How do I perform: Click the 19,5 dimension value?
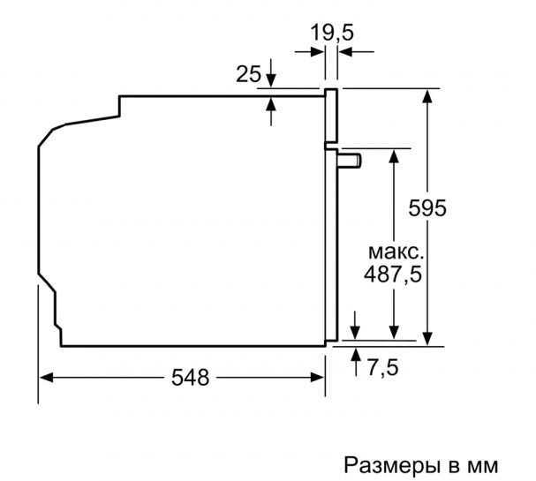pyautogui.click(x=332, y=34)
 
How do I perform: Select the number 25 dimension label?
pyautogui.click(x=248, y=74)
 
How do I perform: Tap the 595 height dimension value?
pyautogui.click(x=427, y=207)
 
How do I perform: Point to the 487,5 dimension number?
pyautogui.click(x=393, y=274)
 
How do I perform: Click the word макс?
pyautogui.click(x=396, y=252)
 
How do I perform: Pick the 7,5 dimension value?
pyautogui.click(x=383, y=367)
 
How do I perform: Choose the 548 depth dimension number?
pyautogui.click(x=190, y=378)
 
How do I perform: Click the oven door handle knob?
pyautogui.click(x=351, y=161)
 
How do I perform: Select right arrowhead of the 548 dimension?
pyautogui.click(x=317, y=378)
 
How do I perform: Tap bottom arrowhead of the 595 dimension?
pyautogui.click(x=427, y=339)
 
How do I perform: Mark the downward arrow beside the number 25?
pyautogui.click(x=271, y=73)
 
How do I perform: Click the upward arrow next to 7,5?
pyautogui.click(x=356, y=362)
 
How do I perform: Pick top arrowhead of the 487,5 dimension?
pyautogui.click(x=394, y=156)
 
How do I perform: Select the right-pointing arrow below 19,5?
pyautogui.click(x=310, y=52)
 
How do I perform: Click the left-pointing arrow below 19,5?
pyautogui.click(x=356, y=52)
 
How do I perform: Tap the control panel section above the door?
pyautogui.click(x=331, y=116)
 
